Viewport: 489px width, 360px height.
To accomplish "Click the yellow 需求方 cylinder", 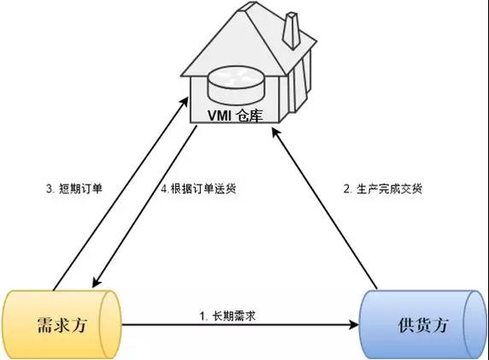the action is [x=62, y=325].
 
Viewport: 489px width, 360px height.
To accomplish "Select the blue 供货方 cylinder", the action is [x=423, y=325].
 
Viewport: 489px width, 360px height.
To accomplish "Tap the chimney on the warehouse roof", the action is [x=292, y=31].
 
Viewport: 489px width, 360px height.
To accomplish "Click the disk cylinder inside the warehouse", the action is [x=236, y=86].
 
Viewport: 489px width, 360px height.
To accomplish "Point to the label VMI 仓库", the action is [x=235, y=115].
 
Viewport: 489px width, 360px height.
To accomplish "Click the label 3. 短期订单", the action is [x=74, y=189].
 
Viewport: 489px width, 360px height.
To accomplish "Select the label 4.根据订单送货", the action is [x=198, y=189].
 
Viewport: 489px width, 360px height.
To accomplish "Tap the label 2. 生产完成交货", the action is [x=383, y=189].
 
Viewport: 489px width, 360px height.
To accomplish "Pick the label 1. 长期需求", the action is [x=227, y=316].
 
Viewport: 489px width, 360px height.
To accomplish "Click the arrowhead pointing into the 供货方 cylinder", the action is [x=355, y=325].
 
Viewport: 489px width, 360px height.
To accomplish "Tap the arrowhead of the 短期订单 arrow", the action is [x=185, y=103].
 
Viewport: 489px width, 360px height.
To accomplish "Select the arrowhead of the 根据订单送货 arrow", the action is [x=97, y=282].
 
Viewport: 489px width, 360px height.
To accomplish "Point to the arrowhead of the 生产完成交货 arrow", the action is [x=275, y=133].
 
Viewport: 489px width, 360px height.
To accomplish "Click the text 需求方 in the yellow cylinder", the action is [x=62, y=325].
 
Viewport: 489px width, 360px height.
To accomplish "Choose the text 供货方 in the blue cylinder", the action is [x=423, y=325].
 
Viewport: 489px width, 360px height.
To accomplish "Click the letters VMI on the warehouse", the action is [x=220, y=115].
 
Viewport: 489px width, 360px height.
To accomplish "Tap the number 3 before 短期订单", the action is [x=50, y=189].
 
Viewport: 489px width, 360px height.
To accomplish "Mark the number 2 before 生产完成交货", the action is [x=347, y=189].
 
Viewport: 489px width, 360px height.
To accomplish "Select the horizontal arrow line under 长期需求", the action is [x=240, y=325].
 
